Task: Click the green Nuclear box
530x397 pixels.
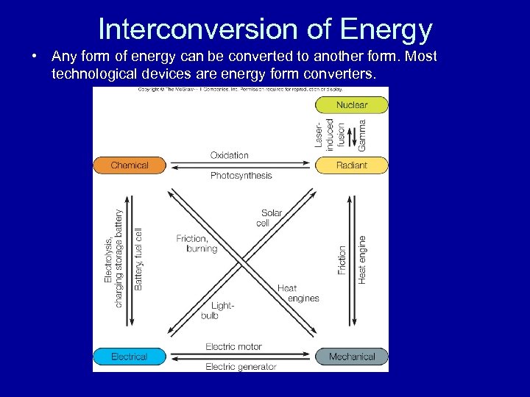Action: [351, 105]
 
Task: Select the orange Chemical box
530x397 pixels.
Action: [130, 165]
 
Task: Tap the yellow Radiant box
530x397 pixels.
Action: [351, 165]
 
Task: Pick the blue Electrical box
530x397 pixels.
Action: [130, 357]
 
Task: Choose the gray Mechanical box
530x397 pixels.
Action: [351, 357]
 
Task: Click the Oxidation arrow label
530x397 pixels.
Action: [230, 155]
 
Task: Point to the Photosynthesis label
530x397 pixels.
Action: [241, 176]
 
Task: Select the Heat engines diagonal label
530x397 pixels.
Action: [298, 293]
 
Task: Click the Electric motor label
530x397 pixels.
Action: [233, 347]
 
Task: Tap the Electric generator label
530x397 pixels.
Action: [241, 367]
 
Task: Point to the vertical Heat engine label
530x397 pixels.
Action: [362, 260]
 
